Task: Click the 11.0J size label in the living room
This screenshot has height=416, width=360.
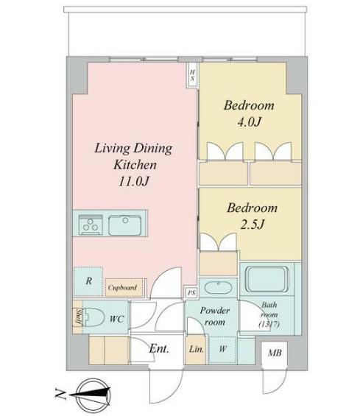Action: click(134, 181)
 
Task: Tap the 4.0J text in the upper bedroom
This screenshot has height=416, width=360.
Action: click(250, 121)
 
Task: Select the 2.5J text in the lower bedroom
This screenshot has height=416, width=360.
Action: click(252, 225)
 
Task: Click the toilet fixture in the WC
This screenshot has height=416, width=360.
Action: click(93, 317)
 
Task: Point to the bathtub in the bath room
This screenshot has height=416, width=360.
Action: click(267, 279)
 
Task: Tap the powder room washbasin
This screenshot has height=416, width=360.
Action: click(219, 288)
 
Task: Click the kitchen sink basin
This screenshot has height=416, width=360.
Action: click(124, 225)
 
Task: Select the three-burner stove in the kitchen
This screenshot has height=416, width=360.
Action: click(91, 225)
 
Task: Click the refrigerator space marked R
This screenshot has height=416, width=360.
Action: click(88, 281)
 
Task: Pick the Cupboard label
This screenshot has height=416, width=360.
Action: click(122, 287)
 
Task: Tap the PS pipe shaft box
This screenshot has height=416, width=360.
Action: click(191, 292)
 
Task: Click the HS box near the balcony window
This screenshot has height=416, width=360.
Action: click(193, 75)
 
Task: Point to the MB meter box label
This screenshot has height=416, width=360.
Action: click(275, 353)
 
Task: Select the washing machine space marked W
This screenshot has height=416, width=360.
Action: click(222, 349)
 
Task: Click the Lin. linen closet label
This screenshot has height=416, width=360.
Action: click(197, 349)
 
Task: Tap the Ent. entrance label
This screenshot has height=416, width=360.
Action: click(159, 348)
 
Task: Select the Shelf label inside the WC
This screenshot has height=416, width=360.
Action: click(79, 317)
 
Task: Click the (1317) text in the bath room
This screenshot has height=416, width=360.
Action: click(269, 324)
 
